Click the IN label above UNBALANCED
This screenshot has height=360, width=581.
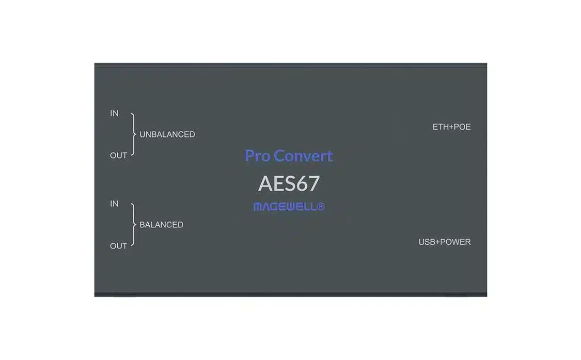pyautogui.click(x=114, y=113)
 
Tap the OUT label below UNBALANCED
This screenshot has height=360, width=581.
pyautogui.click(x=119, y=155)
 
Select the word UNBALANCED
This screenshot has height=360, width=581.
pyautogui.click(x=167, y=134)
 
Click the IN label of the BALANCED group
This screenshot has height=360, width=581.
pyautogui.click(x=114, y=204)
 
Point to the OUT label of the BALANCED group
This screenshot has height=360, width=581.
pyautogui.click(x=119, y=246)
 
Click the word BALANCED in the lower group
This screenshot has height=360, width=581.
pyautogui.click(x=161, y=225)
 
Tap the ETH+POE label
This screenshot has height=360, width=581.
pyautogui.click(x=452, y=127)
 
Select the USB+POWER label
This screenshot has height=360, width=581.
pyautogui.click(x=445, y=242)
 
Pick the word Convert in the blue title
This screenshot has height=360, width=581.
pyautogui.click(x=303, y=155)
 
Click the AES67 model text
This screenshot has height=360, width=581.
pyautogui.click(x=289, y=183)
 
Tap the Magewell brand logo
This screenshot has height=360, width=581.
pyautogui.click(x=289, y=207)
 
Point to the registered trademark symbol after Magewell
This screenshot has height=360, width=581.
pyautogui.click(x=321, y=207)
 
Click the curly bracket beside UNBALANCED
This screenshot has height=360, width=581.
pyautogui.click(x=133, y=134)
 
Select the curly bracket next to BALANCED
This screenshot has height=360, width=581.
pyautogui.click(x=133, y=225)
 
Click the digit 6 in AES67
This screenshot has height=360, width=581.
pyautogui.click(x=301, y=183)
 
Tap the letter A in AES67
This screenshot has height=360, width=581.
pyautogui.click(x=265, y=183)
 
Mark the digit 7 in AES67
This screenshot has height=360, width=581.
pyautogui.click(x=314, y=183)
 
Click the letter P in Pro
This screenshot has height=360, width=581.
pyautogui.click(x=249, y=155)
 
